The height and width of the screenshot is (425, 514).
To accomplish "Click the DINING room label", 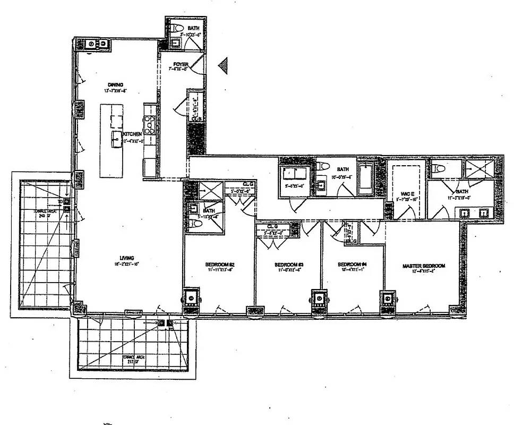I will pos(115,84).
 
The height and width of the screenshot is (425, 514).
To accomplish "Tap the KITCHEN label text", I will pos(133,134).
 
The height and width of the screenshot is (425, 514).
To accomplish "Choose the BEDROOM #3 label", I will pos(289,265).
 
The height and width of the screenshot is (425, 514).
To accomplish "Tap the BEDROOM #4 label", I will pos(353,265).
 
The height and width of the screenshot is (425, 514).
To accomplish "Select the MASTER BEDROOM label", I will pos(424,266).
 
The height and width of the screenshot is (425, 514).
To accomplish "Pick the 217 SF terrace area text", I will pos(132,363).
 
